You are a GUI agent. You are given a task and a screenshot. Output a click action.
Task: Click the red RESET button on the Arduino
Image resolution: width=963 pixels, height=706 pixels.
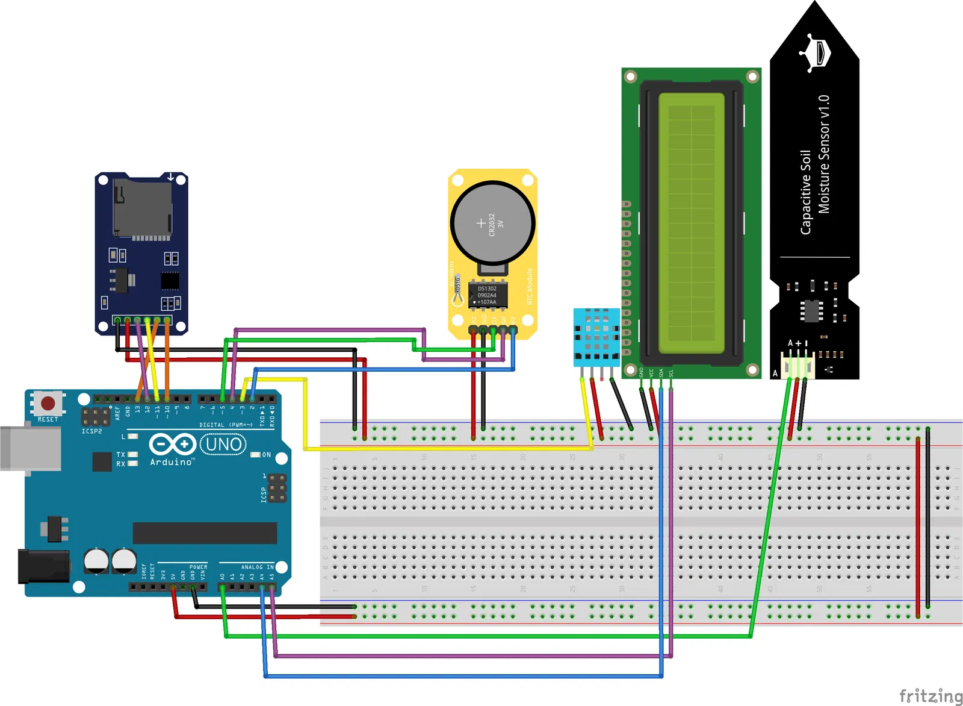(x=48, y=403)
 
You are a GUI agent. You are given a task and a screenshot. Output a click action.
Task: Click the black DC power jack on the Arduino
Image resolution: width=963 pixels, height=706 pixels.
(x=42, y=566)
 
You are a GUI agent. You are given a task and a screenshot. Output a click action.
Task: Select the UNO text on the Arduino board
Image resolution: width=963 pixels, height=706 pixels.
(x=223, y=445)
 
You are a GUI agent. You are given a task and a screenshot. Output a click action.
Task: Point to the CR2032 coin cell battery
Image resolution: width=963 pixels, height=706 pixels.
(x=493, y=223)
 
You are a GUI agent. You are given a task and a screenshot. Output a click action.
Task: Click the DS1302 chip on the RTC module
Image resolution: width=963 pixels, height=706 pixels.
(x=488, y=295)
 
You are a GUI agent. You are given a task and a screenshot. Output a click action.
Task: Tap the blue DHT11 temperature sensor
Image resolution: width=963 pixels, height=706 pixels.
(x=596, y=337)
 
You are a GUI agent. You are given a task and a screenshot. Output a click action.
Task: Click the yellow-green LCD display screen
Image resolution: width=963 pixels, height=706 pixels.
(x=692, y=223)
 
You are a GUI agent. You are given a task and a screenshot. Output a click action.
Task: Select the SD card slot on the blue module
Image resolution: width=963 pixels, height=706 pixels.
(x=143, y=208)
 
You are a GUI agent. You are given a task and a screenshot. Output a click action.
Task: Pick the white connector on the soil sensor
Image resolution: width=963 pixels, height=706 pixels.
(x=797, y=366)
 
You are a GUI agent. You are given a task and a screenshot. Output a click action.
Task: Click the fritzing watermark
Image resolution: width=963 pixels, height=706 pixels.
(x=930, y=696)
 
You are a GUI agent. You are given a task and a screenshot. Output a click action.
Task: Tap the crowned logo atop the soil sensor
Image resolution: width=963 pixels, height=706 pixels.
(x=816, y=52)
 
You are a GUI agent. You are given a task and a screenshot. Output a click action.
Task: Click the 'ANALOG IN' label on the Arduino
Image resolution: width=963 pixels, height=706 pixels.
(x=257, y=567)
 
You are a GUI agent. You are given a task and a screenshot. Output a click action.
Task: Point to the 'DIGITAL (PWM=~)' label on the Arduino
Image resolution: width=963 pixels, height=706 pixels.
(x=226, y=425)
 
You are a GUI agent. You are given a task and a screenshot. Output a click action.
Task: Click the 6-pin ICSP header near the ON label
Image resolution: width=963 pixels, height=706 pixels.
(x=277, y=488)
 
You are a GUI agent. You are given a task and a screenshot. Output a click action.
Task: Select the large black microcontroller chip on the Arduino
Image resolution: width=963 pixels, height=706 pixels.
(x=205, y=533)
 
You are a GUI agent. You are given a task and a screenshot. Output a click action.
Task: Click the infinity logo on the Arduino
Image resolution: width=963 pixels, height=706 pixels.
(x=173, y=445)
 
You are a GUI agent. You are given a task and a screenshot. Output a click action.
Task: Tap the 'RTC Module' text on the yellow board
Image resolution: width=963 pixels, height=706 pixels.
(x=530, y=286)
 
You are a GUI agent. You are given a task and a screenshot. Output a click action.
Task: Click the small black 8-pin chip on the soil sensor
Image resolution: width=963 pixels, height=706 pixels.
(x=811, y=310)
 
